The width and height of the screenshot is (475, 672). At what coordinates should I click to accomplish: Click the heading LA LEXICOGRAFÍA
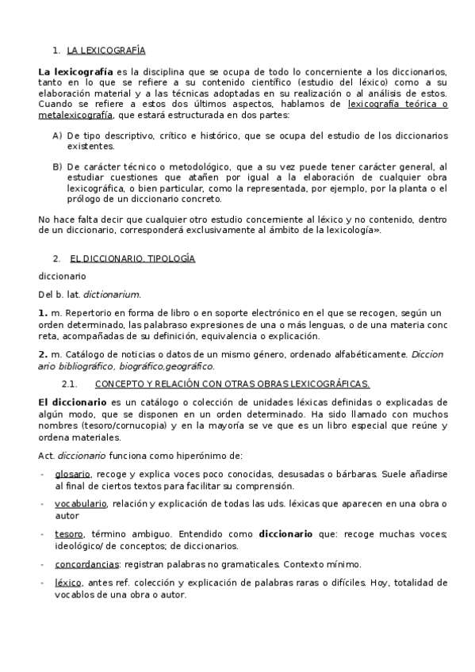[x=106, y=50]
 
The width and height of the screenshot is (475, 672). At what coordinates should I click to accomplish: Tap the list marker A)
[x=57, y=136]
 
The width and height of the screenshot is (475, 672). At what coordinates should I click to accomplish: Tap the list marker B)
[x=57, y=166]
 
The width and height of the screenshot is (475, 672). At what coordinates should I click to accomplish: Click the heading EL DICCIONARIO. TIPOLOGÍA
[x=132, y=258]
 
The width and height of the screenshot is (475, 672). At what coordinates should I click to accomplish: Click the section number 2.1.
[x=67, y=384]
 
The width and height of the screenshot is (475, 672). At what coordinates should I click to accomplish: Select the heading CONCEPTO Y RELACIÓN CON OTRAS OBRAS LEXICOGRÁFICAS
[x=232, y=384]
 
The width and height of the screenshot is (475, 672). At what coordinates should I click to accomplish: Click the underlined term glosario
[x=71, y=474]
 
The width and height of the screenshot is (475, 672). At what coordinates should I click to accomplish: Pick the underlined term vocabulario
[x=81, y=504]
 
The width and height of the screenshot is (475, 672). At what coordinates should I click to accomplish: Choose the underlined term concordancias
[x=87, y=564]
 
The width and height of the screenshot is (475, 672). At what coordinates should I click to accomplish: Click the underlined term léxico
[x=68, y=583]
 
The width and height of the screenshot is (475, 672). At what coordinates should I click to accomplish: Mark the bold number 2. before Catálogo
[x=44, y=354]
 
